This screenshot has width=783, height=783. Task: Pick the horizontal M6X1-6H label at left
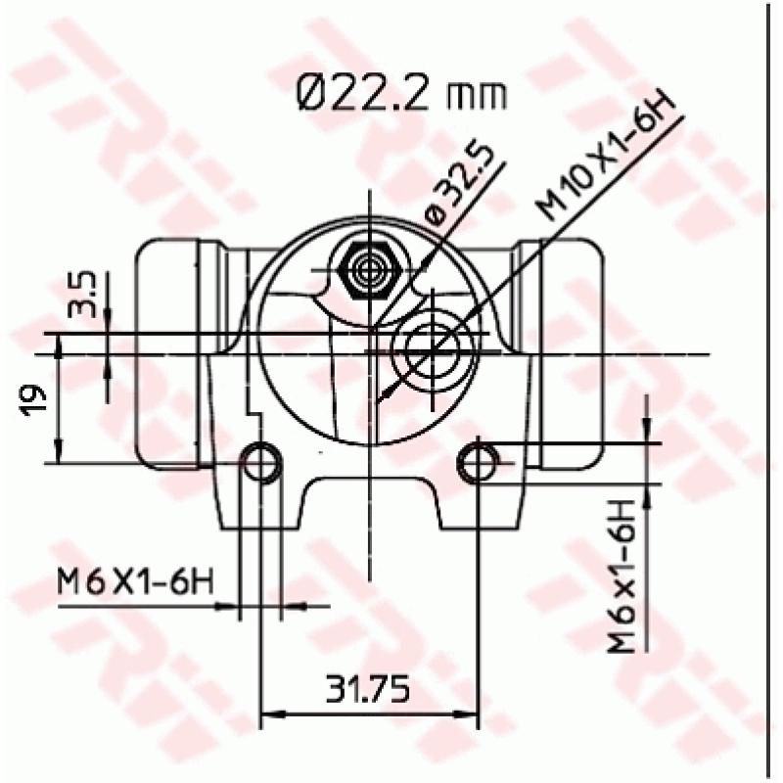coord(134,581)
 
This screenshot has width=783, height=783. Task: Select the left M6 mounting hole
coord(261,461)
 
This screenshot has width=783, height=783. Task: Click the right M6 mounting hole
coord(478,461)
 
